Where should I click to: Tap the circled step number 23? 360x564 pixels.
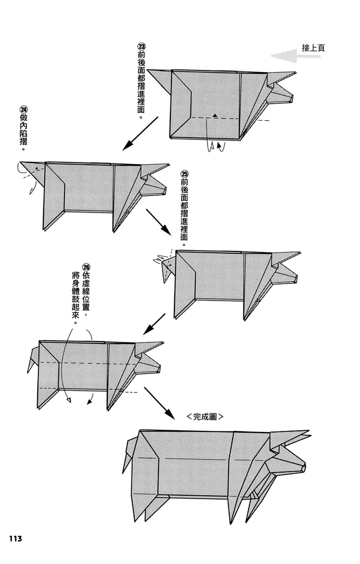(x=141, y=47)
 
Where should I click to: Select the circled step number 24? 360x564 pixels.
(x=23, y=109)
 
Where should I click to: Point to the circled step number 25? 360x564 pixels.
(x=185, y=174)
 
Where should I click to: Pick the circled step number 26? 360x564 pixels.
(x=86, y=267)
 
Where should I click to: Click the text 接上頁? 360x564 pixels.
(x=313, y=48)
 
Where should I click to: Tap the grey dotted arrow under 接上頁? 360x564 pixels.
(x=284, y=56)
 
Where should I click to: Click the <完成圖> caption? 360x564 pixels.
(x=205, y=417)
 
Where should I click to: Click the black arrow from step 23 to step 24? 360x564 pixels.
(x=141, y=133)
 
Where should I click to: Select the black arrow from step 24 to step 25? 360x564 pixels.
(x=159, y=222)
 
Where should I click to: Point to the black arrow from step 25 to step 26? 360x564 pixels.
(x=153, y=324)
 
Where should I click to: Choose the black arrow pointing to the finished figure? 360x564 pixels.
(x=160, y=403)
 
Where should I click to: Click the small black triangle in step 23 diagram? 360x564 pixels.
(x=215, y=116)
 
